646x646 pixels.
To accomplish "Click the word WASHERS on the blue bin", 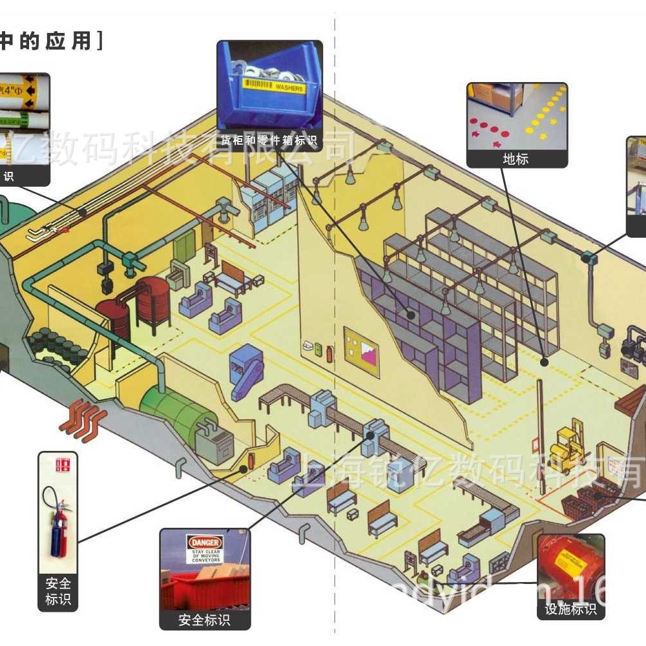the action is click(x=288, y=87).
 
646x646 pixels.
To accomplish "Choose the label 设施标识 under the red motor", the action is click(x=570, y=609).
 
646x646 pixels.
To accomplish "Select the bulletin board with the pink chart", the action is click(x=361, y=352).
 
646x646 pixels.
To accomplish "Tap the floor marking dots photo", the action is click(x=517, y=116).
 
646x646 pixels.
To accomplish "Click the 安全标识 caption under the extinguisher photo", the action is click(x=57, y=591).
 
